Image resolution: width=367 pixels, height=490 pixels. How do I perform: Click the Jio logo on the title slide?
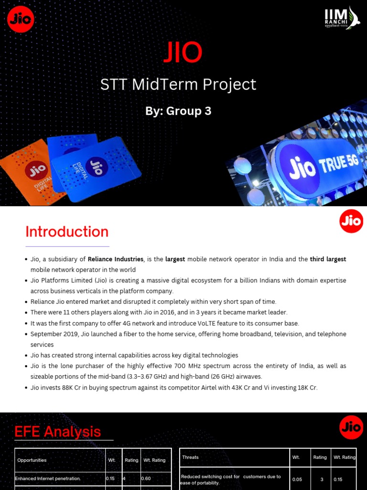[21, 20]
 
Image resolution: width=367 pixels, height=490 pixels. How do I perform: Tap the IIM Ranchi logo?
[341, 18]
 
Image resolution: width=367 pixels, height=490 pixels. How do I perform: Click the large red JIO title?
[183, 53]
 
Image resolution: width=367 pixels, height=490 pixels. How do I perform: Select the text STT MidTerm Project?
[178, 85]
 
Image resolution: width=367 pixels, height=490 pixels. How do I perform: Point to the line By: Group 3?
[178, 111]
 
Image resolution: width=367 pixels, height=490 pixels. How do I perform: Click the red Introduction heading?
[67, 232]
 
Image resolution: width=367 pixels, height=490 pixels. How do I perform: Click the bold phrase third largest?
[328, 259]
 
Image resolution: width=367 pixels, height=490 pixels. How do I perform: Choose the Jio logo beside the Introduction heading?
[351, 221]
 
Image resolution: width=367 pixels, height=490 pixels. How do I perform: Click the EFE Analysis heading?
[58, 432]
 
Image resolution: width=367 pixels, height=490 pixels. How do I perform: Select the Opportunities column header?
[32, 460]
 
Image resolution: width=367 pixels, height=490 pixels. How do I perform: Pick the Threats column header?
[190, 457]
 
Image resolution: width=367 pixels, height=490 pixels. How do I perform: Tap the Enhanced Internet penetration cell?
[48, 479]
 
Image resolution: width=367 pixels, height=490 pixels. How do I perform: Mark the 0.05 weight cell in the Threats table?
[297, 479]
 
